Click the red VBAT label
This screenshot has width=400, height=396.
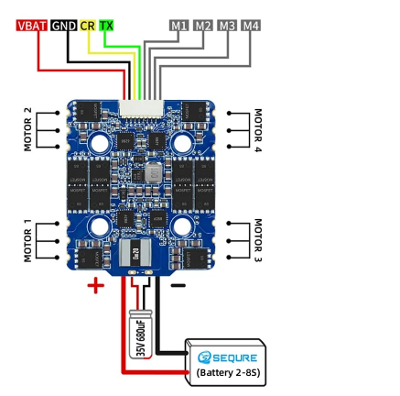[32, 26]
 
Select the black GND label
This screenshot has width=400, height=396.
[63, 26]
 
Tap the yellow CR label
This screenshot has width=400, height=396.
[88, 26]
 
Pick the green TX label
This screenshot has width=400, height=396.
[106, 26]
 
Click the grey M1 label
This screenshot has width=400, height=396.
[179, 26]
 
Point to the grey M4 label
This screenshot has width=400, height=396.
[251, 26]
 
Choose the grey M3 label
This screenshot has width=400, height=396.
[227, 26]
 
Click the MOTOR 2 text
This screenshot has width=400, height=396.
[27, 129]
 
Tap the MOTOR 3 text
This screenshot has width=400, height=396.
[258, 240]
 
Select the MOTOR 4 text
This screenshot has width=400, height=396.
[258, 130]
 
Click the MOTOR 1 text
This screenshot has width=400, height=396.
[27, 240]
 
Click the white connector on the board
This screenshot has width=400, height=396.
[141, 108]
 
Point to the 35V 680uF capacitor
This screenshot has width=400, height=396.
[140, 334]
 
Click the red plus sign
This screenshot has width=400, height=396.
[96, 286]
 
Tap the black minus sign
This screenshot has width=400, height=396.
[178, 286]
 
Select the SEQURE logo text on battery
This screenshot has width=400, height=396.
[227, 357]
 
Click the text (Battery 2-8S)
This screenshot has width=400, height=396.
[228, 373]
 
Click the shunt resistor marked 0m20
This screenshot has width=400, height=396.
[135, 252]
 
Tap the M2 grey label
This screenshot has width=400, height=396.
[203, 26]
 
